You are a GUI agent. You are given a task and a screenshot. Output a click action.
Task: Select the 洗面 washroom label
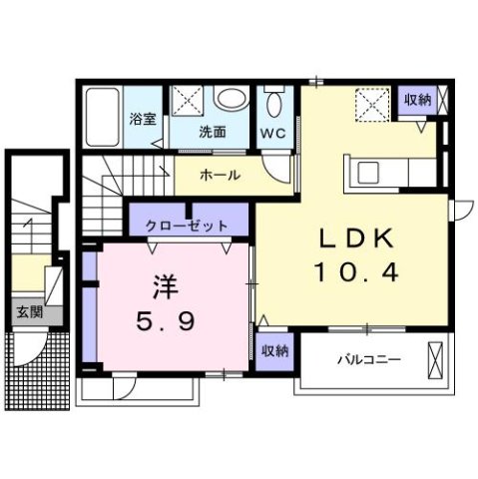coord(211,132)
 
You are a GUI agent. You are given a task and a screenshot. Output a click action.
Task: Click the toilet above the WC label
coord(275,103)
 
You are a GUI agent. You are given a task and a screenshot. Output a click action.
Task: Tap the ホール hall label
coord(220,175)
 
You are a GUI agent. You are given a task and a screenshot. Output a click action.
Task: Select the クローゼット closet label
coord(187,227)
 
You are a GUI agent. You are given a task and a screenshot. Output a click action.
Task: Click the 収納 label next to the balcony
coord(274,350)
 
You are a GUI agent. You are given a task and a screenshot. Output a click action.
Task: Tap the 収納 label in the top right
coord(418,99)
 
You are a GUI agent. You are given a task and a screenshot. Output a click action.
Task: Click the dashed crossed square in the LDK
coord(373,103)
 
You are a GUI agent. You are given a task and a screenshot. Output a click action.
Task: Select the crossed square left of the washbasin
coord(188,100)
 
